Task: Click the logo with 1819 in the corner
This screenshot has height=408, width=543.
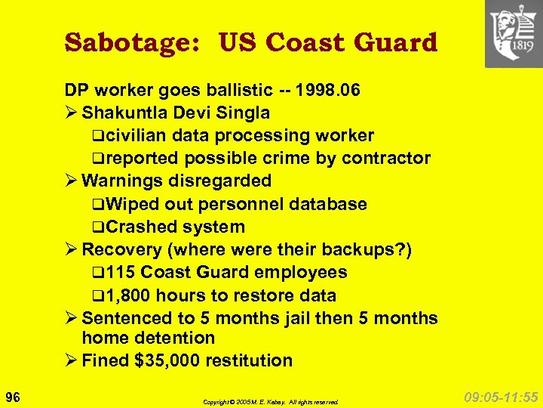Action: tap(514, 33)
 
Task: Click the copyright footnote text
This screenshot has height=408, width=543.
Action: tap(271, 402)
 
